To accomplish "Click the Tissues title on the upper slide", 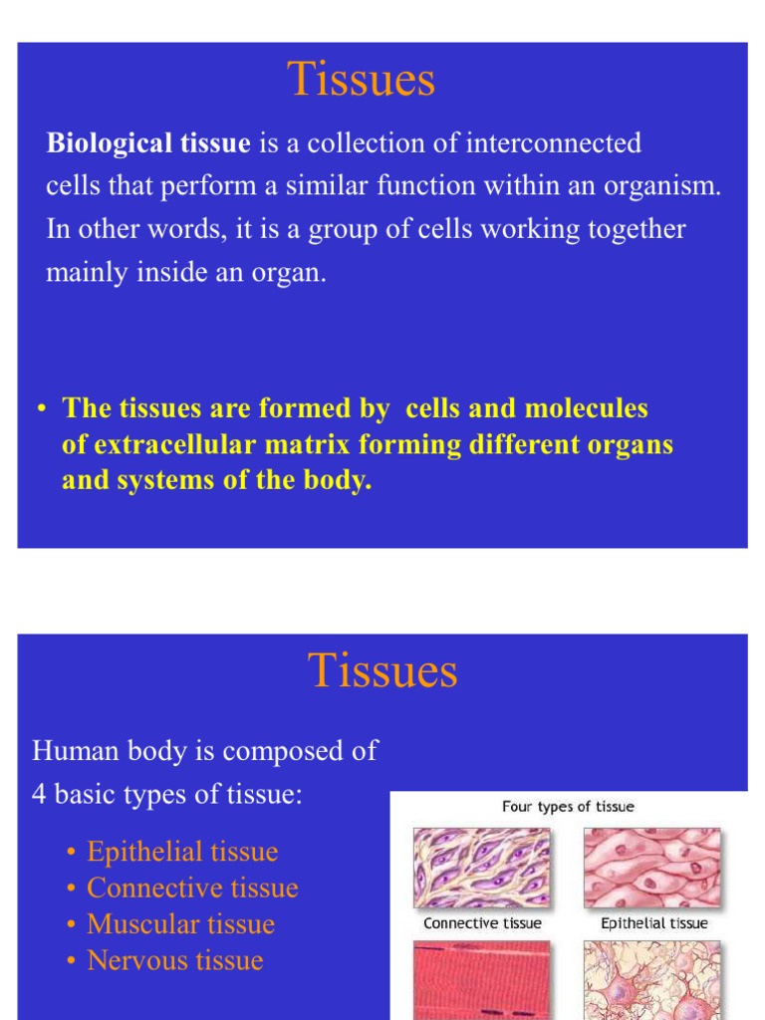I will click(362, 80).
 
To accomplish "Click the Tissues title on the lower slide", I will click(382, 670).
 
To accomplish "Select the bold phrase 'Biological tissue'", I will click(148, 143).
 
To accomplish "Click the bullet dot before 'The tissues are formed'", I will click(42, 409).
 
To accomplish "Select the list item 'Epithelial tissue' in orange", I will click(182, 852).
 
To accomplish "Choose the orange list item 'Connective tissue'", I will click(192, 888).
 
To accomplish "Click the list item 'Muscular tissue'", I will click(180, 923).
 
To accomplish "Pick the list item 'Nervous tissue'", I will click(175, 960).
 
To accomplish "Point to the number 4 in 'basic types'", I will click(40, 797).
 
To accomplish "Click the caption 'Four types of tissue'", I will click(568, 807).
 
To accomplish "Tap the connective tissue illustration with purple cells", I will click(481, 868).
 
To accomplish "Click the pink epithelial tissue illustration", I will click(651, 868).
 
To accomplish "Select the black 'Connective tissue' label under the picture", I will click(482, 923).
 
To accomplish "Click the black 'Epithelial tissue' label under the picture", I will click(654, 923).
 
